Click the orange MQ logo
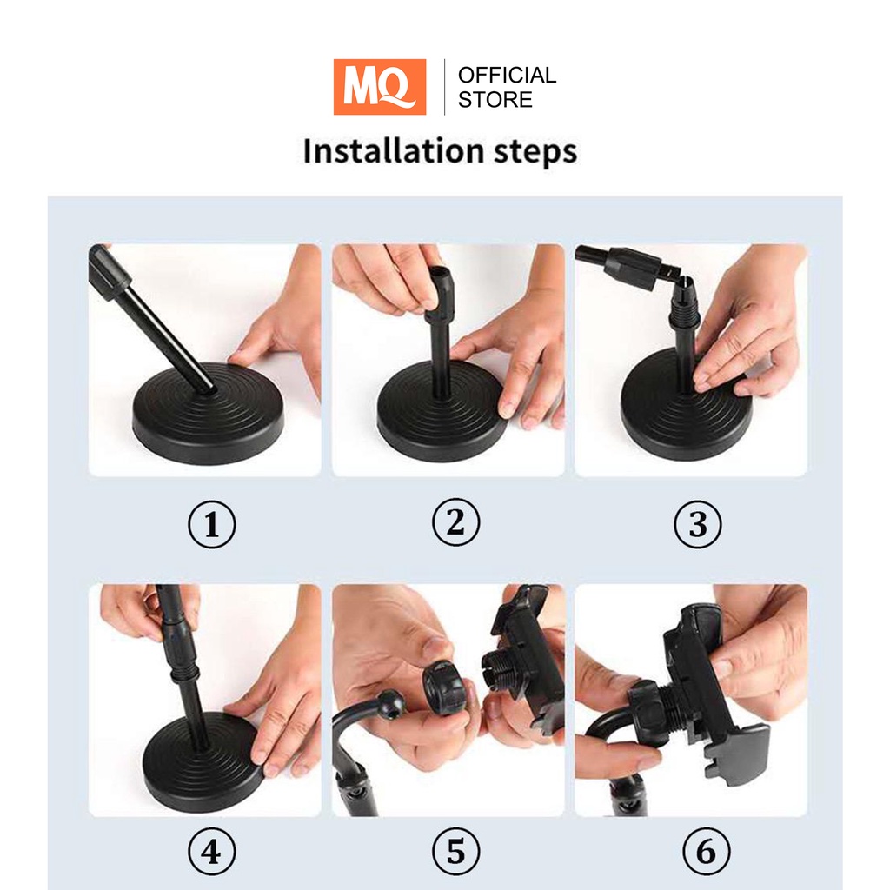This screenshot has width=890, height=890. (x=379, y=87)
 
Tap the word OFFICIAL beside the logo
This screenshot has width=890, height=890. (x=507, y=75)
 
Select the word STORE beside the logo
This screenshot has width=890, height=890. (x=495, y=100)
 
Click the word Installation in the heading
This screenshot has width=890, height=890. (x=393, y=150)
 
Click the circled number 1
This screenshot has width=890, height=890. (x=212, y=524)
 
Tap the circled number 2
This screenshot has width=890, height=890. (x=455, y=522)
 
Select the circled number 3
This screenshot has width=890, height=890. (x=698, y=524)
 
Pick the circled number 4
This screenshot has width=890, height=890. (x=212, y=852)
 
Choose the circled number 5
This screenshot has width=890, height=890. (x=455, y=852)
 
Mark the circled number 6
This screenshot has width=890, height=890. (x=706, y=852)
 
